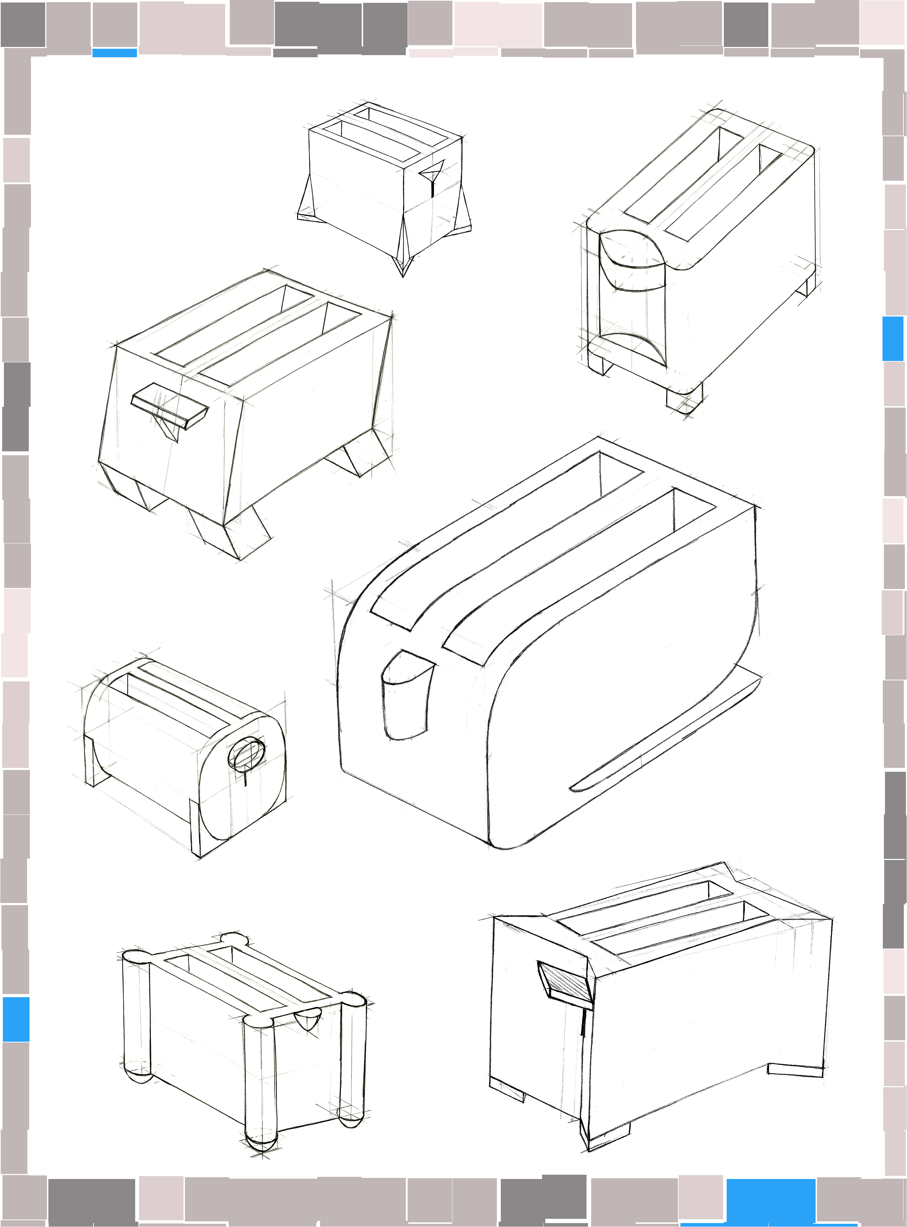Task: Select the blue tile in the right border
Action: pos(893,339)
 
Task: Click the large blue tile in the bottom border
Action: pos(770,1201)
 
